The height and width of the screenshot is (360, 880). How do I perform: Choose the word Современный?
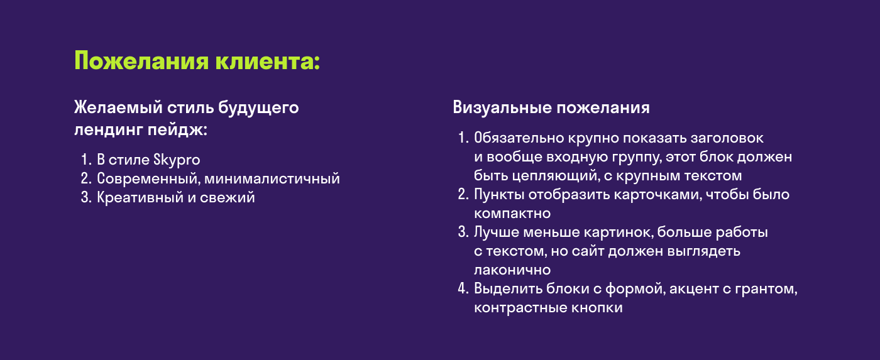pyautogui.click(x=148, y=179)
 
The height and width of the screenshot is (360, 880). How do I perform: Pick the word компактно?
pyautogui.click(x=512, y=214)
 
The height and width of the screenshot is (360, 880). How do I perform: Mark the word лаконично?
pyautogui.click(x=512, y=270)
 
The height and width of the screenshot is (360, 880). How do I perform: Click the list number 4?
pyautogui.click(x=463, y=290)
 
